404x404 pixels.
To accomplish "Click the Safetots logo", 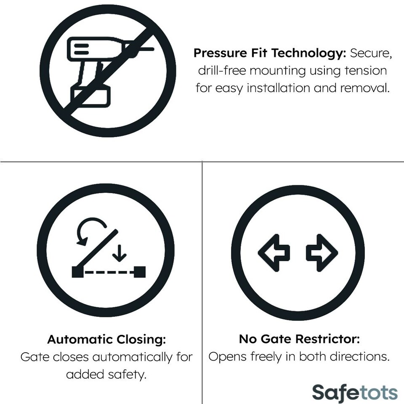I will [354, 393].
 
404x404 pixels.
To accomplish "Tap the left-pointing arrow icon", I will [274, 252].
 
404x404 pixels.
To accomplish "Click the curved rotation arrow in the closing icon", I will [90, 229].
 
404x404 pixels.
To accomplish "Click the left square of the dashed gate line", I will [76, 272].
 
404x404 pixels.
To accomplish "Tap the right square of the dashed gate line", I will [141, 272].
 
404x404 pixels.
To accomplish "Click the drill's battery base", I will [90, 96].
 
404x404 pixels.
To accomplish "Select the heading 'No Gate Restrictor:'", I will [299, 339].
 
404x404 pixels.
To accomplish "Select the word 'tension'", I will [365, 71].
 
